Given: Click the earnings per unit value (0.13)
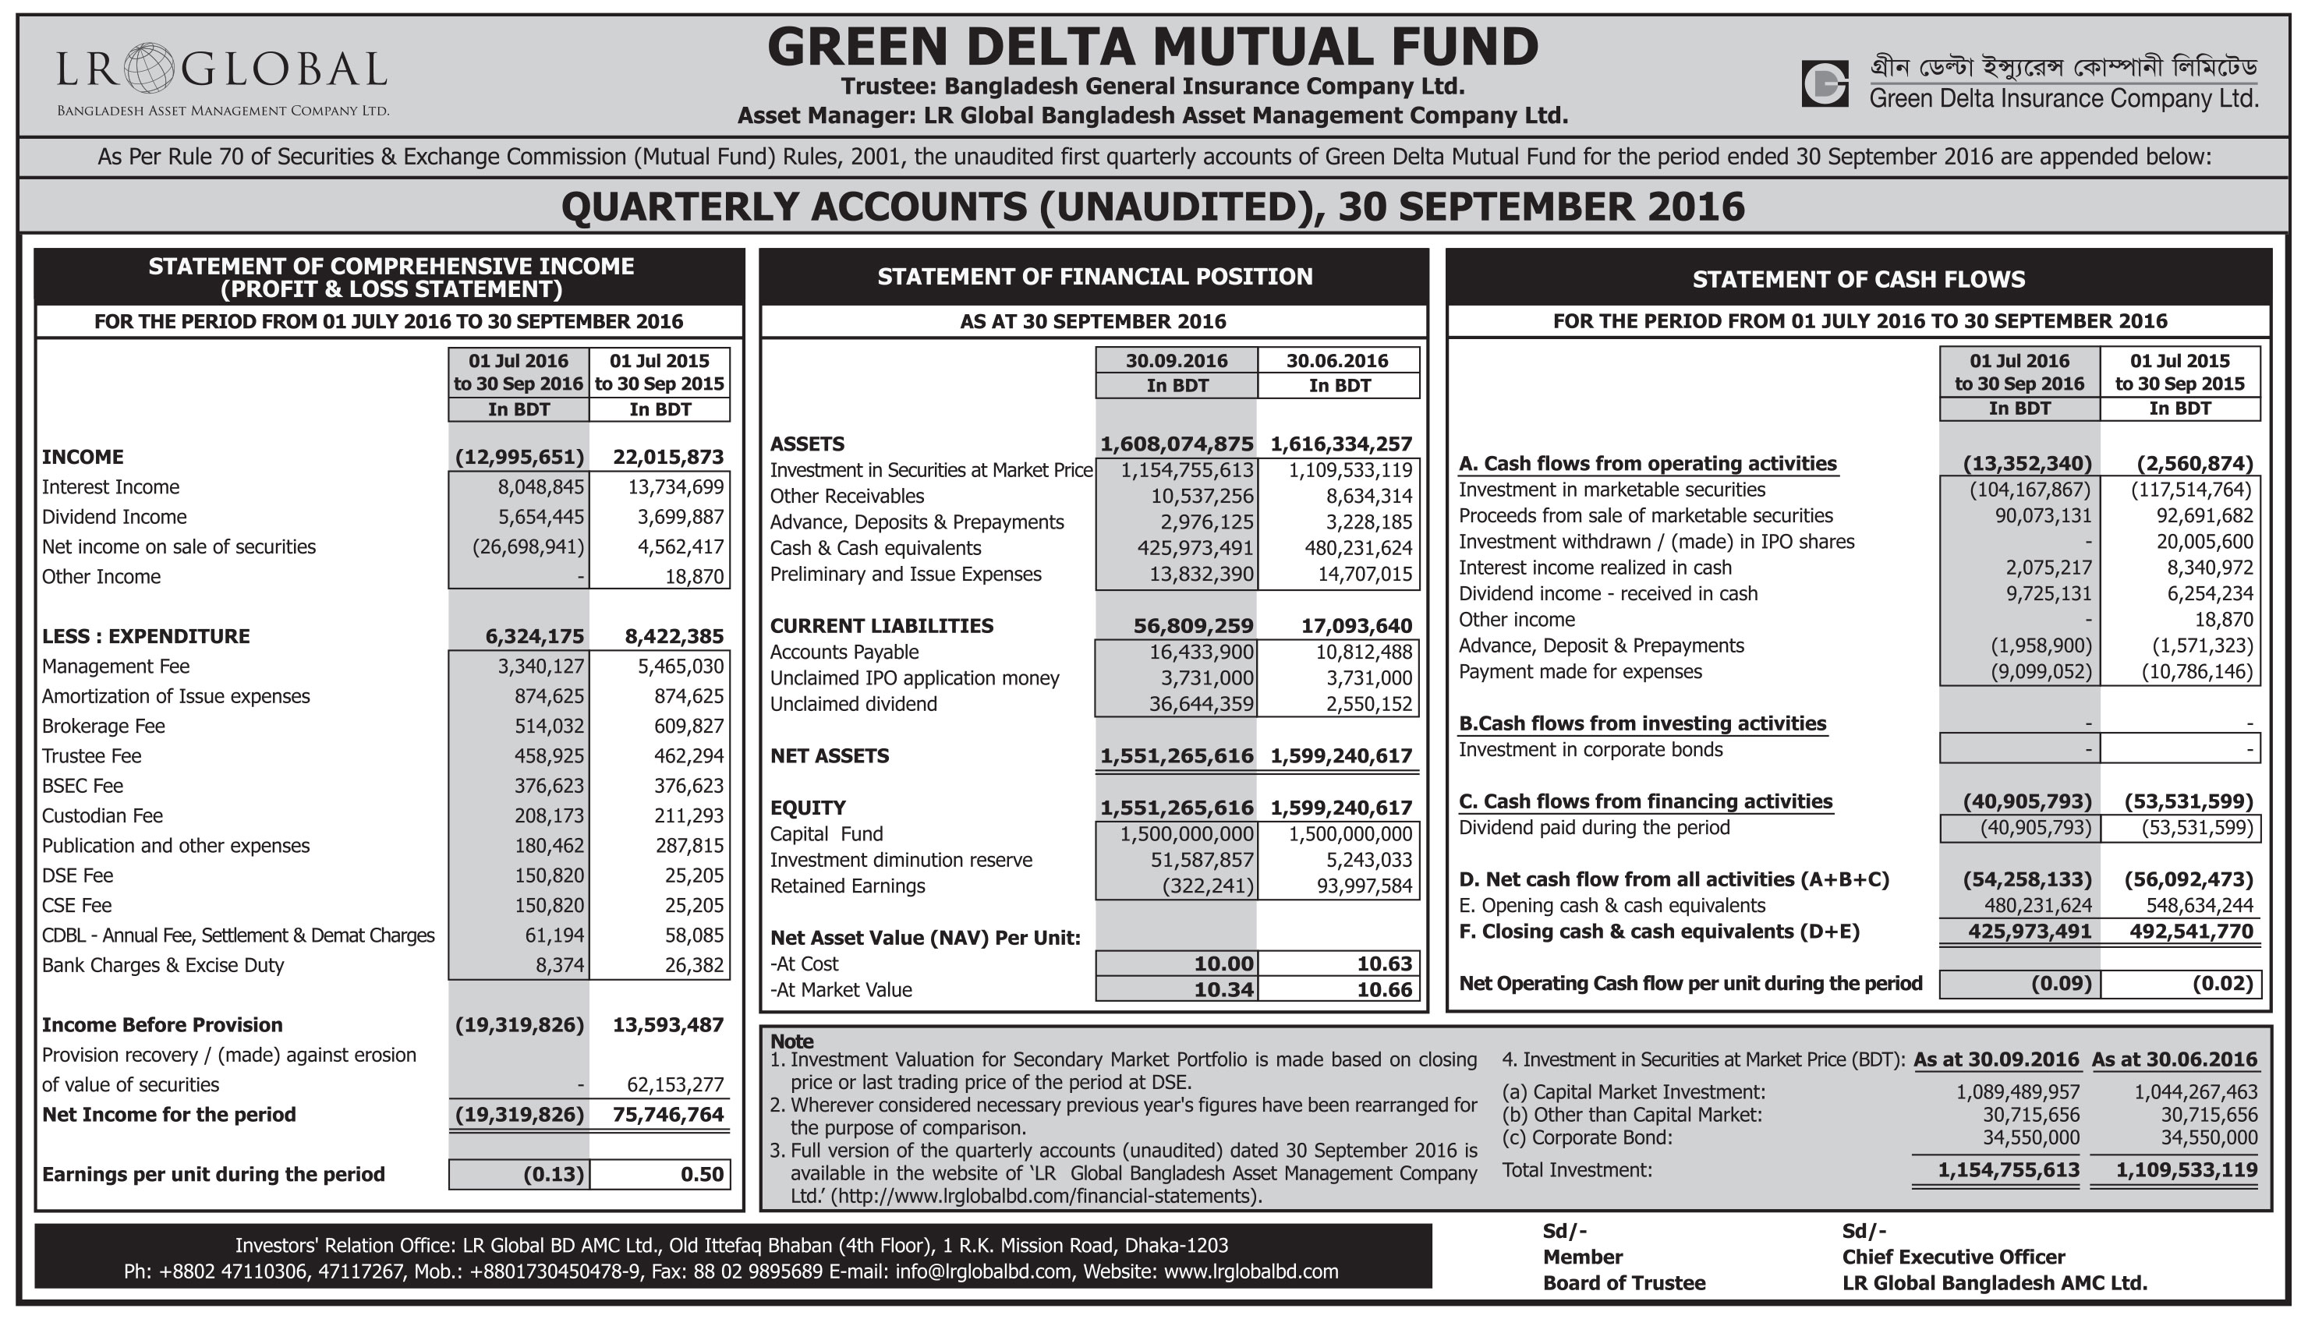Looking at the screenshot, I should [x=554, y=1175].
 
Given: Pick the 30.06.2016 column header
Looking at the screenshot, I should [x=1337, y=361].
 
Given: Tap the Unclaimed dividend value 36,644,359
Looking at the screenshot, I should [x=1201, y=705].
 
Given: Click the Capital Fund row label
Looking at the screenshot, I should [x=826, y=834].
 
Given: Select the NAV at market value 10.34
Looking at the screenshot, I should [x=1223, y=990].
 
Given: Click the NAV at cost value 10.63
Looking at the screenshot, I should [x=1384, y=964].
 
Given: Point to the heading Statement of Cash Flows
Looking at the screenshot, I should [x=1859, y=280].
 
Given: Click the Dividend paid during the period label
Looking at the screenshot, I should [x=1593, y=828].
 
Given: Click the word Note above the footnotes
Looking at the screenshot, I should [x=791, y=1041].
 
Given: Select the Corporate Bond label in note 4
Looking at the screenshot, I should [x=1587, y=1138].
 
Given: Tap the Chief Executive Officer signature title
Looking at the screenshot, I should [x=1953, y=1257].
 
